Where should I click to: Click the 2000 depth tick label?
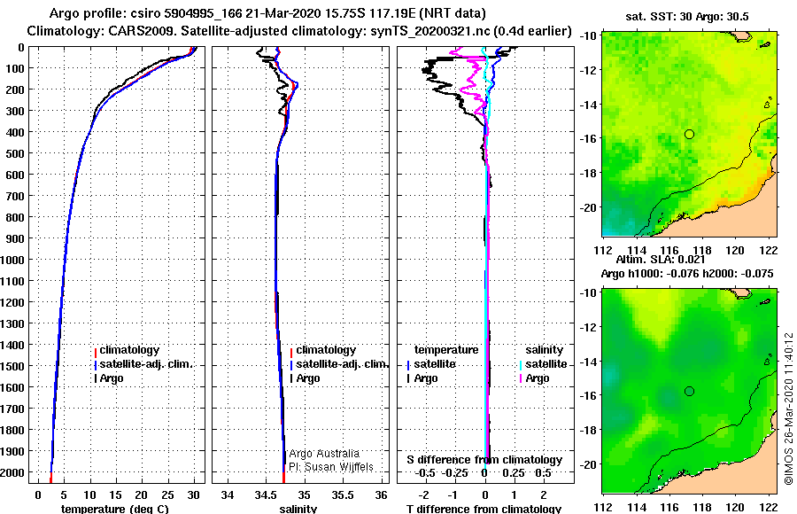click(12, 472)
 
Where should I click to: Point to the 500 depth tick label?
click(14, 153)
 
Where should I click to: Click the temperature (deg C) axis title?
click(115, 509)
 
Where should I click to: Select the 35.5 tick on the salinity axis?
click(343, 495)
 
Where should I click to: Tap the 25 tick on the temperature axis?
click(167, 495)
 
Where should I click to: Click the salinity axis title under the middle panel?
click(298, 509)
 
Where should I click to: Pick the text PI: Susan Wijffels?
click(331, 467)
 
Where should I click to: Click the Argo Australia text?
click(324, 454)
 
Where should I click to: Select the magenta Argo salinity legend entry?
click(531, 378)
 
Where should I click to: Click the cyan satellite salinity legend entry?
click(542, 364)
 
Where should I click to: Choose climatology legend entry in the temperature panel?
click(127, 350)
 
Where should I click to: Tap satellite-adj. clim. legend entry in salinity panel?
click(339, 364)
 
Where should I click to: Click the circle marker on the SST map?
click(689, 135)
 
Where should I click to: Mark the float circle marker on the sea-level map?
click(689, 392)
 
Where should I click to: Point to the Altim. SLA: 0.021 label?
click(661, 260)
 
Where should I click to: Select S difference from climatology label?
click(484, 460)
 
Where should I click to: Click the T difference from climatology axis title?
click(484, 509)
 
